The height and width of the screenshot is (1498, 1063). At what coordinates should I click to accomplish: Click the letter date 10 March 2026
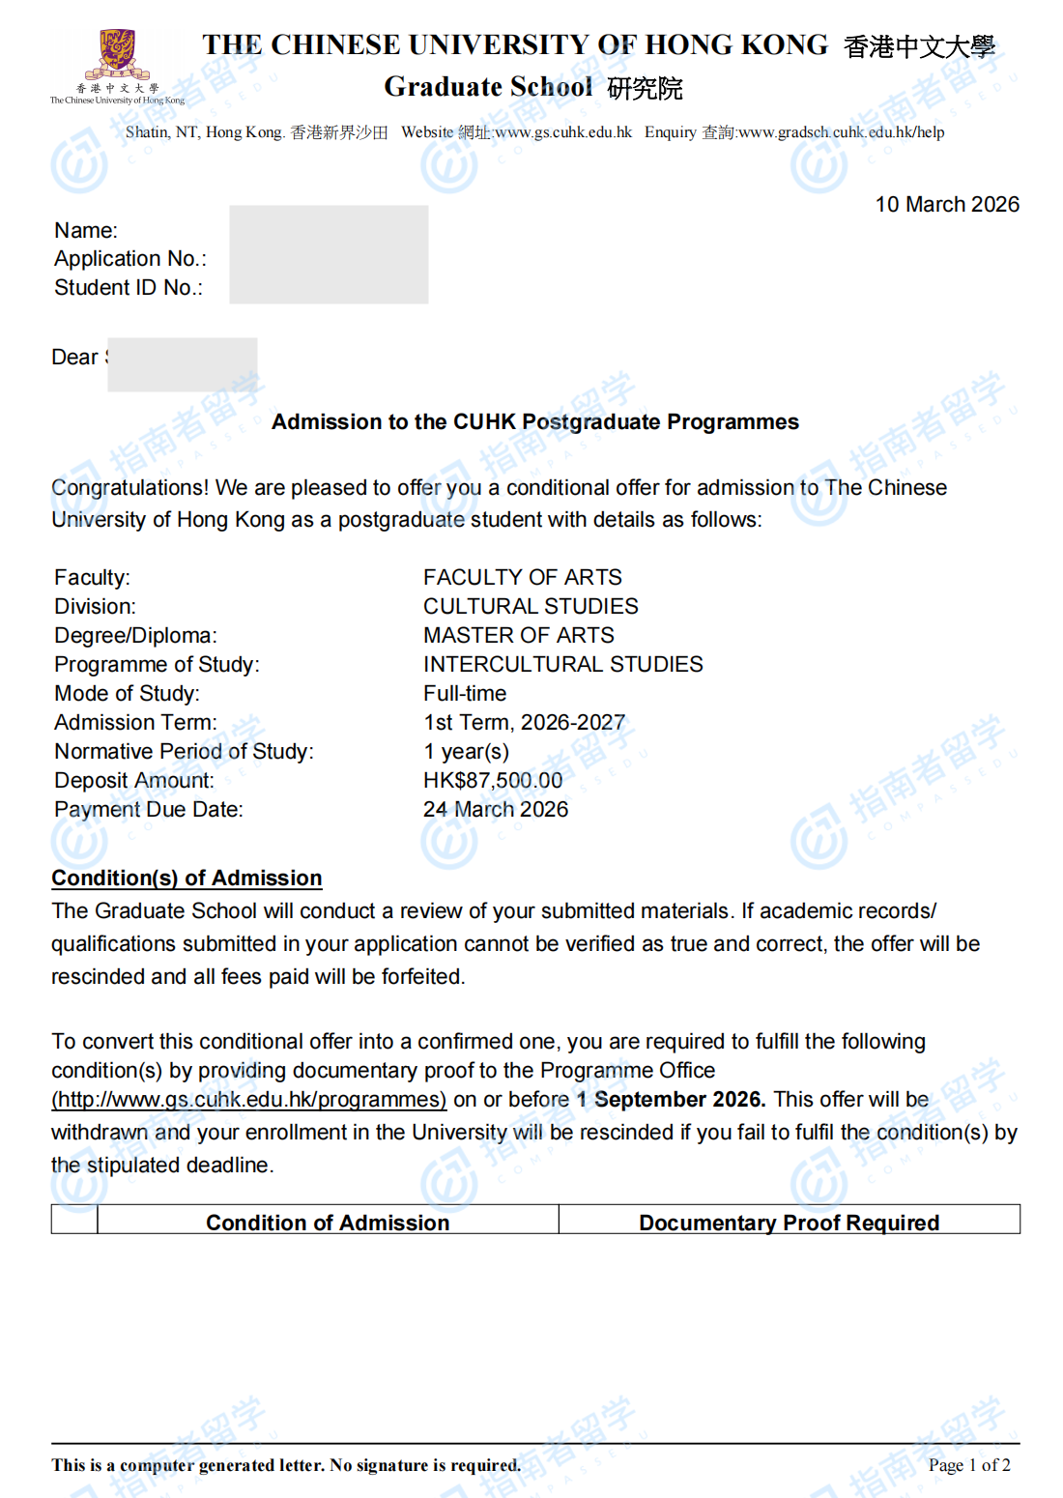pos(947,205)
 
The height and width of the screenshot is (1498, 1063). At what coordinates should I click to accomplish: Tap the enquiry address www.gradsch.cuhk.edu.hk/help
pos(841,132)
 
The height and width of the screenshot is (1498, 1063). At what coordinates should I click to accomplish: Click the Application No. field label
pos(130,259)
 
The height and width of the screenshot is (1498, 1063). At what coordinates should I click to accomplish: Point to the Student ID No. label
pos(129,288)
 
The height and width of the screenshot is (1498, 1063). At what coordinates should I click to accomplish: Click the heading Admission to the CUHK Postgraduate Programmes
pos(534,422)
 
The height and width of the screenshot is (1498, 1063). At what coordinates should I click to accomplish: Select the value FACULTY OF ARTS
pos(522,578)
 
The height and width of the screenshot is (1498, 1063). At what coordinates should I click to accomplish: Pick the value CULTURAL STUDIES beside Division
pos(531,607)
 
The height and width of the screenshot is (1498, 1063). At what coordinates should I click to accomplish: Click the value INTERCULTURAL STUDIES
pos(562,665)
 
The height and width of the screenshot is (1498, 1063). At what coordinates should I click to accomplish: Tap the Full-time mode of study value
pos(465,694)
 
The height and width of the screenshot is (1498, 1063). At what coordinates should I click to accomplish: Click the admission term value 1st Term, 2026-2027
pos(524,723)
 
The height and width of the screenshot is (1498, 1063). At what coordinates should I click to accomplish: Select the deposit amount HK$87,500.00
pos(493,781)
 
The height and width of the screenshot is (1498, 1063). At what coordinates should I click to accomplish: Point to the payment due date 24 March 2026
pos(496,810)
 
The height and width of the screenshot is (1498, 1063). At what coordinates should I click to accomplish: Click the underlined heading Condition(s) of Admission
pos(187,879)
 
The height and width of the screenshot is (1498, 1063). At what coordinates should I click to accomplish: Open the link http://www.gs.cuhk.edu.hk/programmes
pos(249,1100)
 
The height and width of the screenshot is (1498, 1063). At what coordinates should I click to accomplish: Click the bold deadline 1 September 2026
pos(671,1100)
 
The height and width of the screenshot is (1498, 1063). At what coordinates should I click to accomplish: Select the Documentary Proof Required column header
pos(789,1224)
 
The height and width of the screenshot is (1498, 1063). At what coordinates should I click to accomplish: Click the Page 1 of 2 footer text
pos(969,1465)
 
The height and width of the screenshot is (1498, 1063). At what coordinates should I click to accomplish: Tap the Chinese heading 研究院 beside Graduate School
pos(645,89)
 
